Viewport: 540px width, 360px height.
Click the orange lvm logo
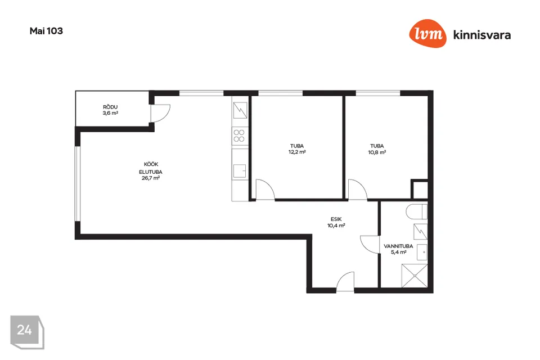pos(427,33)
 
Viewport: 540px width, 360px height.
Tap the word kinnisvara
pos(482,35)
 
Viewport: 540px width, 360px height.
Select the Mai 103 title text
pos(46,31)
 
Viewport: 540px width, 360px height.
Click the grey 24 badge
pos(27,332)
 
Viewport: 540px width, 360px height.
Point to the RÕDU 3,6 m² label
pos(110,110)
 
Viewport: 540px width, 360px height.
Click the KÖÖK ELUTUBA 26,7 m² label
pos(151,171)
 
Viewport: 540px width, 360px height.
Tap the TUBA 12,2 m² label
pos(297,149)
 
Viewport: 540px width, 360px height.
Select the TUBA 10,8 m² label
pos(377,149)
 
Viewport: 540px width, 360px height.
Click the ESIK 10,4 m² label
pos(336,222)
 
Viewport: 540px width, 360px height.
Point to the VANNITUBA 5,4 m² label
pos(398,249)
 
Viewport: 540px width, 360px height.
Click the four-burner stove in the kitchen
pos(240,136)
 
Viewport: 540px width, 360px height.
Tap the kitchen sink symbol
pos(240,171)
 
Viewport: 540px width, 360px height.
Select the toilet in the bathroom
pos(417,211)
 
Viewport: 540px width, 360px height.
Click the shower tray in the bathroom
pos(415,276)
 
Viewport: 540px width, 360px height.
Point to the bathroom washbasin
pos(422,252)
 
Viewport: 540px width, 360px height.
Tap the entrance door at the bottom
pos(345,282)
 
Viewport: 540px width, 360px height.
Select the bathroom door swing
pos(369,245)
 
